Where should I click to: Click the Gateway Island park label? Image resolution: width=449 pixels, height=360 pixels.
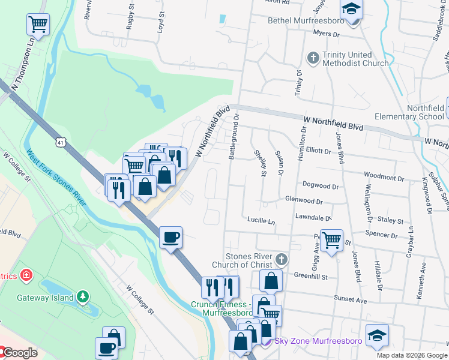pos(45,298)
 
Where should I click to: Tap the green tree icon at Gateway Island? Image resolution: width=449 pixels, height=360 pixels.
pos(83,297)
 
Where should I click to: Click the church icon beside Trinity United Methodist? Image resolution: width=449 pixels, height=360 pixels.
pos(312,58)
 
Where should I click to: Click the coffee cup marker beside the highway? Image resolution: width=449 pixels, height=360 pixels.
pos(171,238)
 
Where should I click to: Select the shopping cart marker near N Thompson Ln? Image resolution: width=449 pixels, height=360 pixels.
pos(38,25)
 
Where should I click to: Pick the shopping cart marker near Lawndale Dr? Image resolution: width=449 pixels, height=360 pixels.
pos(331,240)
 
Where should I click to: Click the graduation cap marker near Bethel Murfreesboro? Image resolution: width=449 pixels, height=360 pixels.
pos(351,10)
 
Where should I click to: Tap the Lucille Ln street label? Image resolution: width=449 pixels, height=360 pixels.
pos(261,221)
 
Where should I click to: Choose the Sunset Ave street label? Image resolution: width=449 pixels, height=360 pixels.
pos(350,300)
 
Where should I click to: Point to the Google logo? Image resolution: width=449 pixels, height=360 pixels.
pos(20,353)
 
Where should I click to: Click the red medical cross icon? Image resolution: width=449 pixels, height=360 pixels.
pos(26,275)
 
